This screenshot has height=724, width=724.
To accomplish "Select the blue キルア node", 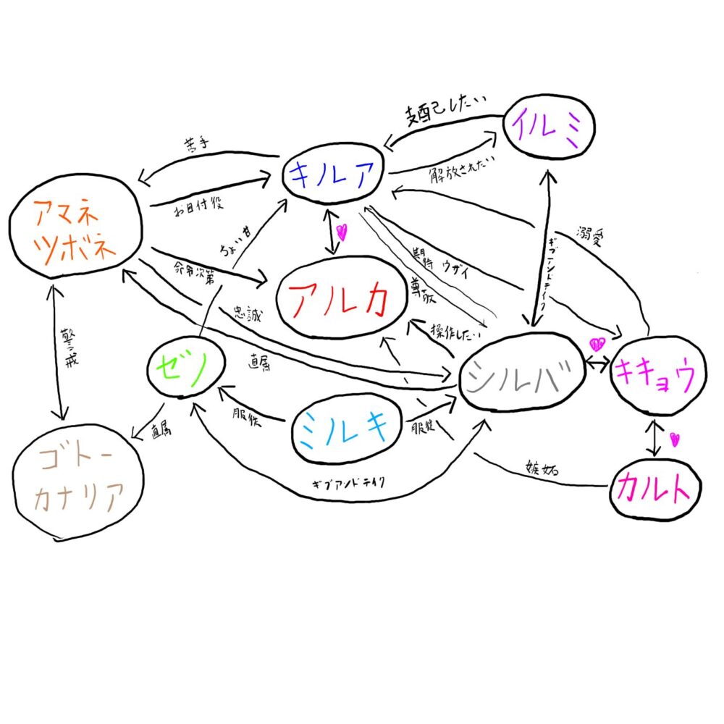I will point(334,173).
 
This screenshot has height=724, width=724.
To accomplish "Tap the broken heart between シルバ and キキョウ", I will point(597,343).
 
